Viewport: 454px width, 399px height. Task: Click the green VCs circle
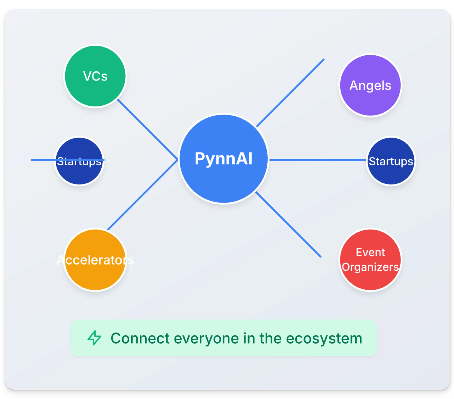[95, 76]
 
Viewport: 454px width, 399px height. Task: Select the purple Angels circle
[370, 85]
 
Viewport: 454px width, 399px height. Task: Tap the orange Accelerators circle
[95, 260]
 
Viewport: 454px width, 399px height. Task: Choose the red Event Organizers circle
[370, 260]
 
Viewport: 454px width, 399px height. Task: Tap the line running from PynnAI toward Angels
[290, 93]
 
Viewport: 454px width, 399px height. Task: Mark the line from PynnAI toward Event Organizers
[288, 224]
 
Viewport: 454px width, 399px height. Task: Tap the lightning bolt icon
[94, 338]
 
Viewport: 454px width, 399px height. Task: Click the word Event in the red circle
[370, 252]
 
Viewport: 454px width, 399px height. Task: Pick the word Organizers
[370, 267]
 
